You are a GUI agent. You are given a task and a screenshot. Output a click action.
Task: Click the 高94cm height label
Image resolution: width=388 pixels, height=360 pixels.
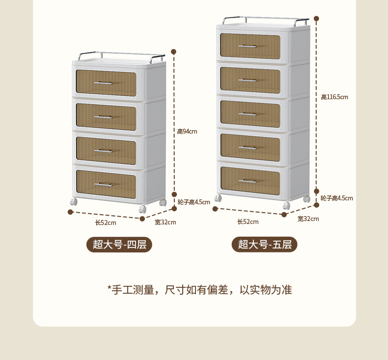[x=187, y=131]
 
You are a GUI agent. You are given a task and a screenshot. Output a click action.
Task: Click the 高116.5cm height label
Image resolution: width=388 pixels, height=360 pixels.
[x=334, y=97]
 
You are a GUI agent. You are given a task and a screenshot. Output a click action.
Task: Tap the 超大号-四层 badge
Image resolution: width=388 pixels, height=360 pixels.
[x=119, y=244]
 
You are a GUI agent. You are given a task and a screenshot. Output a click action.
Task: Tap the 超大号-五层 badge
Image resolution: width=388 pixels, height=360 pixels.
[x=265, y=244]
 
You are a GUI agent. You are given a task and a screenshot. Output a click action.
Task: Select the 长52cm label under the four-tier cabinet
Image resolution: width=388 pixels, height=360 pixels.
[x=106, y=222]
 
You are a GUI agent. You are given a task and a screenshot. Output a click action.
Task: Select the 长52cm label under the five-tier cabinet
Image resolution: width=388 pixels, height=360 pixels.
[x=248, y=222]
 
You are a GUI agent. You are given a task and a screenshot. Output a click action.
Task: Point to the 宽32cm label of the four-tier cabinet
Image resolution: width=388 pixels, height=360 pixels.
[x=165, y=222]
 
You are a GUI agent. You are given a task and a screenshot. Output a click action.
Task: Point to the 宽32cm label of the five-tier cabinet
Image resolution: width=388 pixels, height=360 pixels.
[x=308, y=219]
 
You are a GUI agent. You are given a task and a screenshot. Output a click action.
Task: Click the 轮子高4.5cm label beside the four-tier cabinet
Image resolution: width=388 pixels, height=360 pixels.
[x=194, y=202]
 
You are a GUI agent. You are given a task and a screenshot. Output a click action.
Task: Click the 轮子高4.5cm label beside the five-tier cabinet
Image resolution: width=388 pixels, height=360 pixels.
[x=336, y=198]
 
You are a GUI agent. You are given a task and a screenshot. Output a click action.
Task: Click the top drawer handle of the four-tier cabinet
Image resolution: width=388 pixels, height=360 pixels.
[x=104, y=83]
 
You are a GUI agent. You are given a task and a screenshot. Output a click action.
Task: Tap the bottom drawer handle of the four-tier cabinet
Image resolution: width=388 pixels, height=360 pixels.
[x=104, y=184]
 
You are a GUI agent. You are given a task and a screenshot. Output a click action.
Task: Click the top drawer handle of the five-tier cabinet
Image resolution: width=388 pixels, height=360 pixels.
[x=248, y=46]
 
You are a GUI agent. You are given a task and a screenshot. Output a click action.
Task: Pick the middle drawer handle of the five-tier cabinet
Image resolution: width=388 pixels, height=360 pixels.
[x=248, y=114]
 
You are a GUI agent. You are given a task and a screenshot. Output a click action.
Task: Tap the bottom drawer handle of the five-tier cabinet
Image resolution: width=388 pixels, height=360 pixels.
[x=248, y=181]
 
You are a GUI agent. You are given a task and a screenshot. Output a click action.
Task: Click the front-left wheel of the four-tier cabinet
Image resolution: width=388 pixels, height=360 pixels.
[x=74, y=201]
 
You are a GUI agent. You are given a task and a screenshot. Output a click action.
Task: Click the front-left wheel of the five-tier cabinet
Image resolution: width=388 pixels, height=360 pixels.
[x=219, y=198]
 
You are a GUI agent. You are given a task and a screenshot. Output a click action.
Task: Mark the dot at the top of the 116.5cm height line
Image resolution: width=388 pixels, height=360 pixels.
[x=316, y=18]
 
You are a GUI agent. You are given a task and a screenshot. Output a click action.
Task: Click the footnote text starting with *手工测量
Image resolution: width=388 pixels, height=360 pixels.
[x=199, y=290]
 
